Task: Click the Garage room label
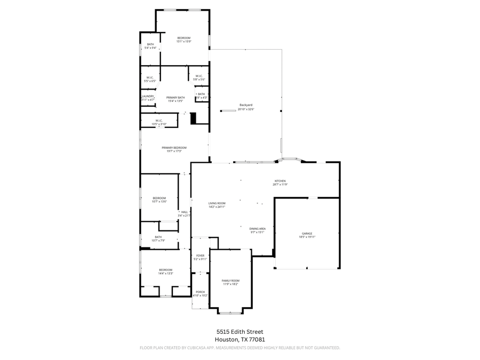[x=307, y=234]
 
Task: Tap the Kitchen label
[x=280, y=181]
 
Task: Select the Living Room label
[x=217, y=203]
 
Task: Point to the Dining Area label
[x=257, y=229]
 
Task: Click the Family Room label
[x=230, y=281]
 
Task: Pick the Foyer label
[x=200, y=255]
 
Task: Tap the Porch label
[x=200, y=292]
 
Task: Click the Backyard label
[x=246, y=105]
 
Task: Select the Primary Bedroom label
[x=174, y=148]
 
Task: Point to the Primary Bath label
[x=175, y=98]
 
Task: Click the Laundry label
[x=148, y=96]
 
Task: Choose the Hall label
[x=184, y=212]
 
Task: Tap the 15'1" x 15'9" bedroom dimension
[x=184, y=41]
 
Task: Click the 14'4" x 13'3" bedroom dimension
[x=165, y=274]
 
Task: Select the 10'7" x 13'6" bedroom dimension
[x=159, y=202]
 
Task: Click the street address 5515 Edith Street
[x=239, y=332]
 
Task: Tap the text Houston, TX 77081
[x=239, y=339]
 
